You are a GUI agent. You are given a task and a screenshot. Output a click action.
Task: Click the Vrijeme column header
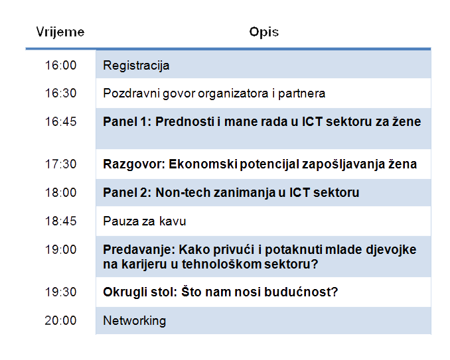[x=60, y=32]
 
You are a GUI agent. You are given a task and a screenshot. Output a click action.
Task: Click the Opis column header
[x=264, y=32]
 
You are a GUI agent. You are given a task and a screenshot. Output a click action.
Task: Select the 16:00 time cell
[x=61, y=66]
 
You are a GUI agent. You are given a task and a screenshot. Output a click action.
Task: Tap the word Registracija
[x=136, y=66]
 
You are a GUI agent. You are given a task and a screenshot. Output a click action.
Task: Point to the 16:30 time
[x=61, y=93]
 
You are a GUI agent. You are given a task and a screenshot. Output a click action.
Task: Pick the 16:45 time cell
[x=61, y=121]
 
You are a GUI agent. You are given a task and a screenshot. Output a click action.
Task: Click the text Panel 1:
[x=127, y=121]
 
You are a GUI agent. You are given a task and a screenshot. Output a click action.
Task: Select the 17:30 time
[x=61, y=164]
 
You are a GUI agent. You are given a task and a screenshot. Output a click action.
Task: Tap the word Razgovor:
[x=134, y=164]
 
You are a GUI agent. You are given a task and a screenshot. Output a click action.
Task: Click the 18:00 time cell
[x=61, y=192]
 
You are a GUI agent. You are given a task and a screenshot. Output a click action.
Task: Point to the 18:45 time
[x=61, y=221]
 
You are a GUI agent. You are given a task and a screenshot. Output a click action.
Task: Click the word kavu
[x=173, y=221]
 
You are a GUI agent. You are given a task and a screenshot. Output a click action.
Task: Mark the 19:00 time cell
[x=61, y=249]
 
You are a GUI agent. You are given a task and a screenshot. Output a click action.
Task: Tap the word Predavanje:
[x=139, y=250]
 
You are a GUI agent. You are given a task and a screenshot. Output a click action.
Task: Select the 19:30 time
[x=61, y=292]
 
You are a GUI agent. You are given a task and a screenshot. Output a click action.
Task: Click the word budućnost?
[x=301, y=292]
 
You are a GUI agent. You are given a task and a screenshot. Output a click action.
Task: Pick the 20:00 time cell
[x=61, y=320]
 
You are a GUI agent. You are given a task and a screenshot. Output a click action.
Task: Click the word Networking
[x=135, y=321]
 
